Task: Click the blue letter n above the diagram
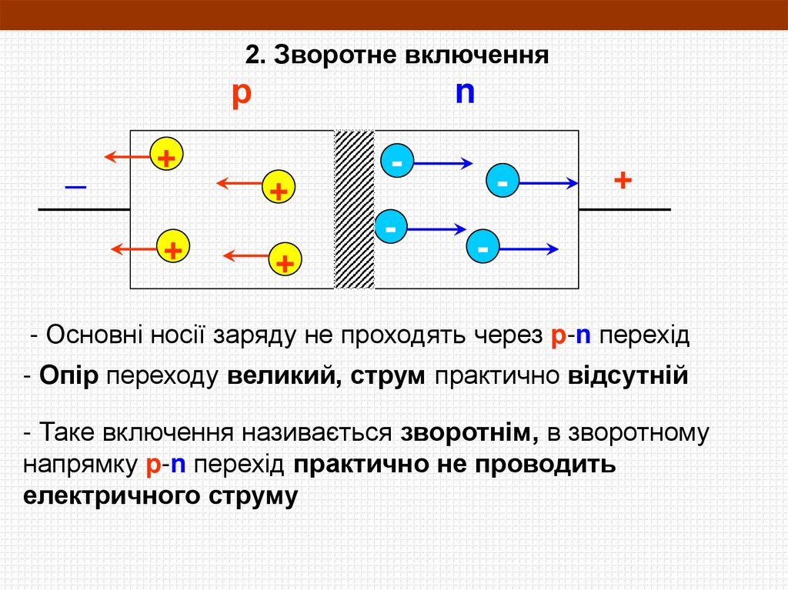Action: (465, 93)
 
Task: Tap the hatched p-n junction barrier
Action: (354, 209)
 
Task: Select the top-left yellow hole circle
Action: (164, 157)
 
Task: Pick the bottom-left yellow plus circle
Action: (172, 248)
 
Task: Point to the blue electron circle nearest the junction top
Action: (397, 162)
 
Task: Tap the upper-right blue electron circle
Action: (502, 182)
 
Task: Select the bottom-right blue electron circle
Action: (482, 248)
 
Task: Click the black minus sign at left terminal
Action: (75, 187)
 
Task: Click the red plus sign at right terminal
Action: (623, 181)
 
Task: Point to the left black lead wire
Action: (84, 209)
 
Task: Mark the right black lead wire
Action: (624, 209)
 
